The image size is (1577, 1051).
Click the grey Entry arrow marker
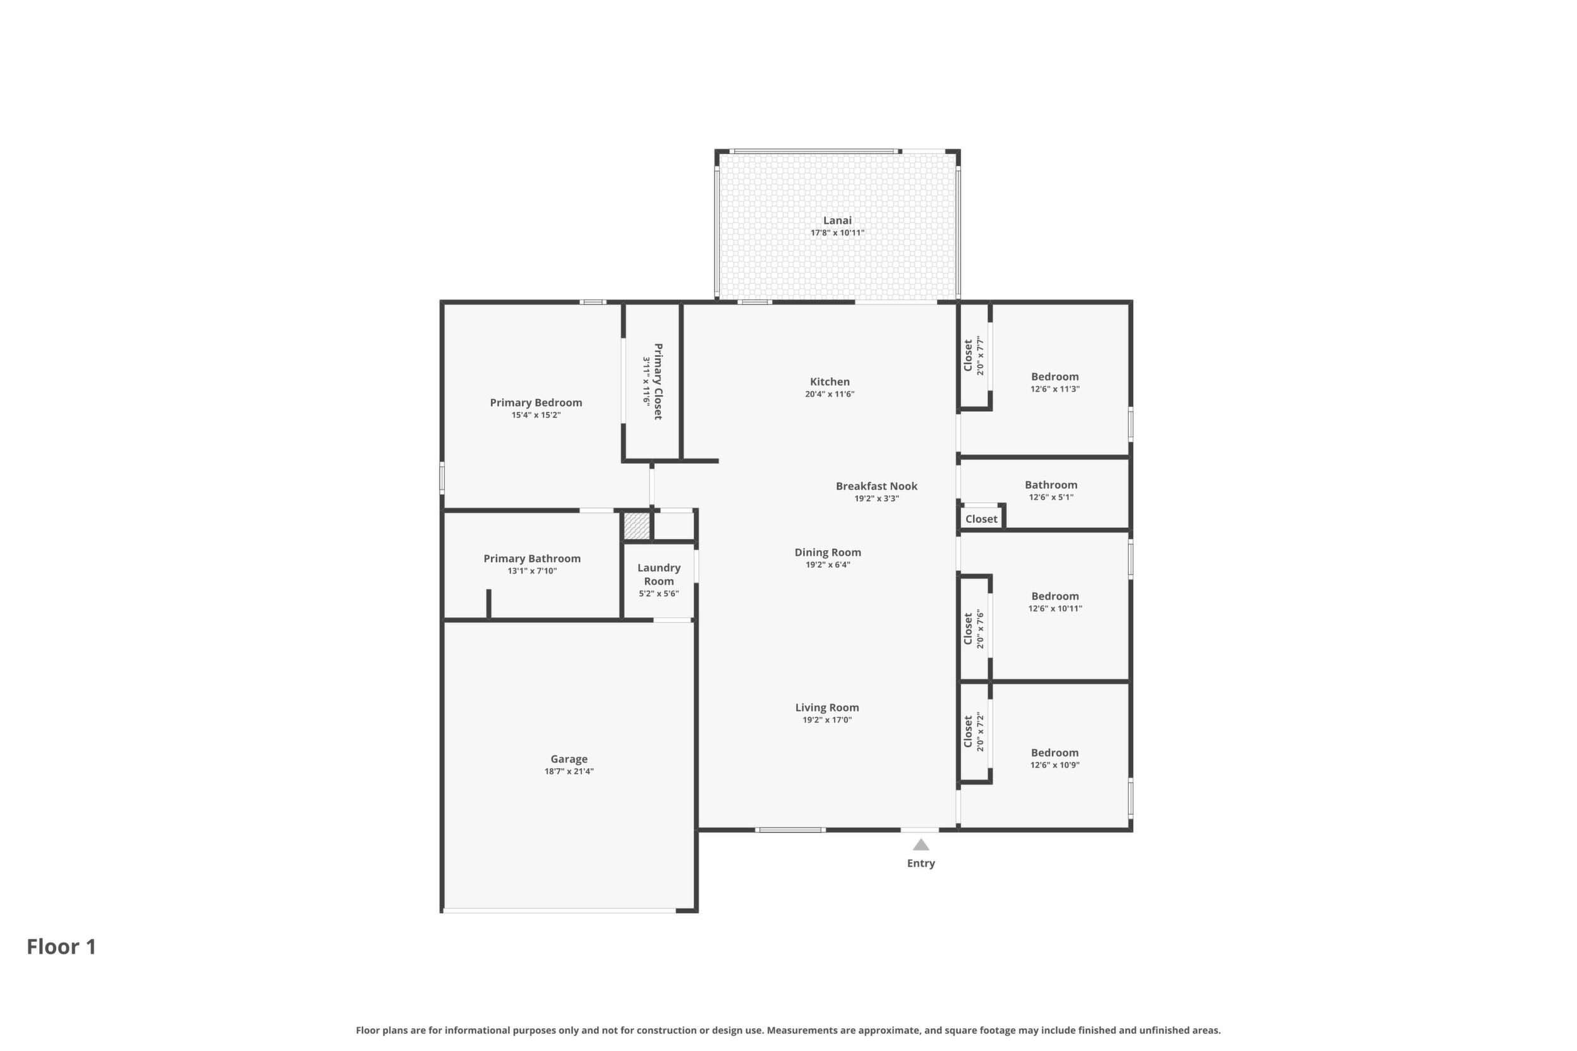point(921,844)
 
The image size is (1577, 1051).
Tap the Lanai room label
point(837,220)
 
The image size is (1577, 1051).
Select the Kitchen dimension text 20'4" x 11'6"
point(830,394)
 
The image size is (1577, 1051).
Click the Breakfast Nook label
point(876,486)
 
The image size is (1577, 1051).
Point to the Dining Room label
point(828,552)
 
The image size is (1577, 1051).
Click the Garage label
point(569,759)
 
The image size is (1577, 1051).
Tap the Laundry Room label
point(658,574)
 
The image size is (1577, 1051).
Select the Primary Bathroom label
point(532,558)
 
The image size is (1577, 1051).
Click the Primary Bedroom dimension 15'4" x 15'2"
point(536,415)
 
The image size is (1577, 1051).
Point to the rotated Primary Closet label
point(658,381)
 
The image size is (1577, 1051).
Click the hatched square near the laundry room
point(637,525)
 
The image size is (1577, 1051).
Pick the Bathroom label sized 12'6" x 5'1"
point(1051,484)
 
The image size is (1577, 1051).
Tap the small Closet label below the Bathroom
point(981,519)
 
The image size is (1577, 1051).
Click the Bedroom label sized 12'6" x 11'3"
point(1054,376)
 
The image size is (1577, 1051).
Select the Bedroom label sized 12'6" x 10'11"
point(1054,596)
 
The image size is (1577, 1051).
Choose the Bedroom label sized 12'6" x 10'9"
point(1054,753)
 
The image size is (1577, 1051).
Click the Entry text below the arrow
point(921,863)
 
